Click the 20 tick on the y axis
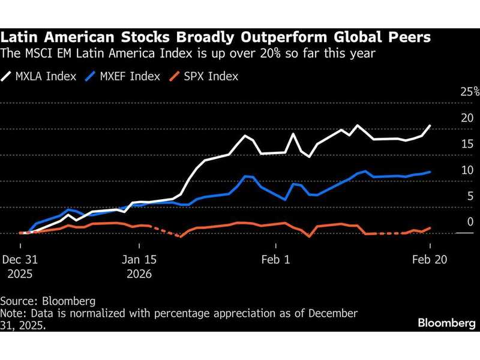[467, 118]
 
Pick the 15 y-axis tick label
[467, 143]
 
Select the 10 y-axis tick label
[467, 170]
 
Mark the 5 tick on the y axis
[470, 196]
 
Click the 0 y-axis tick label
[470, 221]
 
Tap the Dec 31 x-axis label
[20, 260]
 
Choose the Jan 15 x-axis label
[139, 260]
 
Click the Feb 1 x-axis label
[276, 260]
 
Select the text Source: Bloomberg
[47, 300]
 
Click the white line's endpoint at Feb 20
[430, 125]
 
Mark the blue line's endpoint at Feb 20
[430, 172]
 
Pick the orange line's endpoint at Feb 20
[430, 227]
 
